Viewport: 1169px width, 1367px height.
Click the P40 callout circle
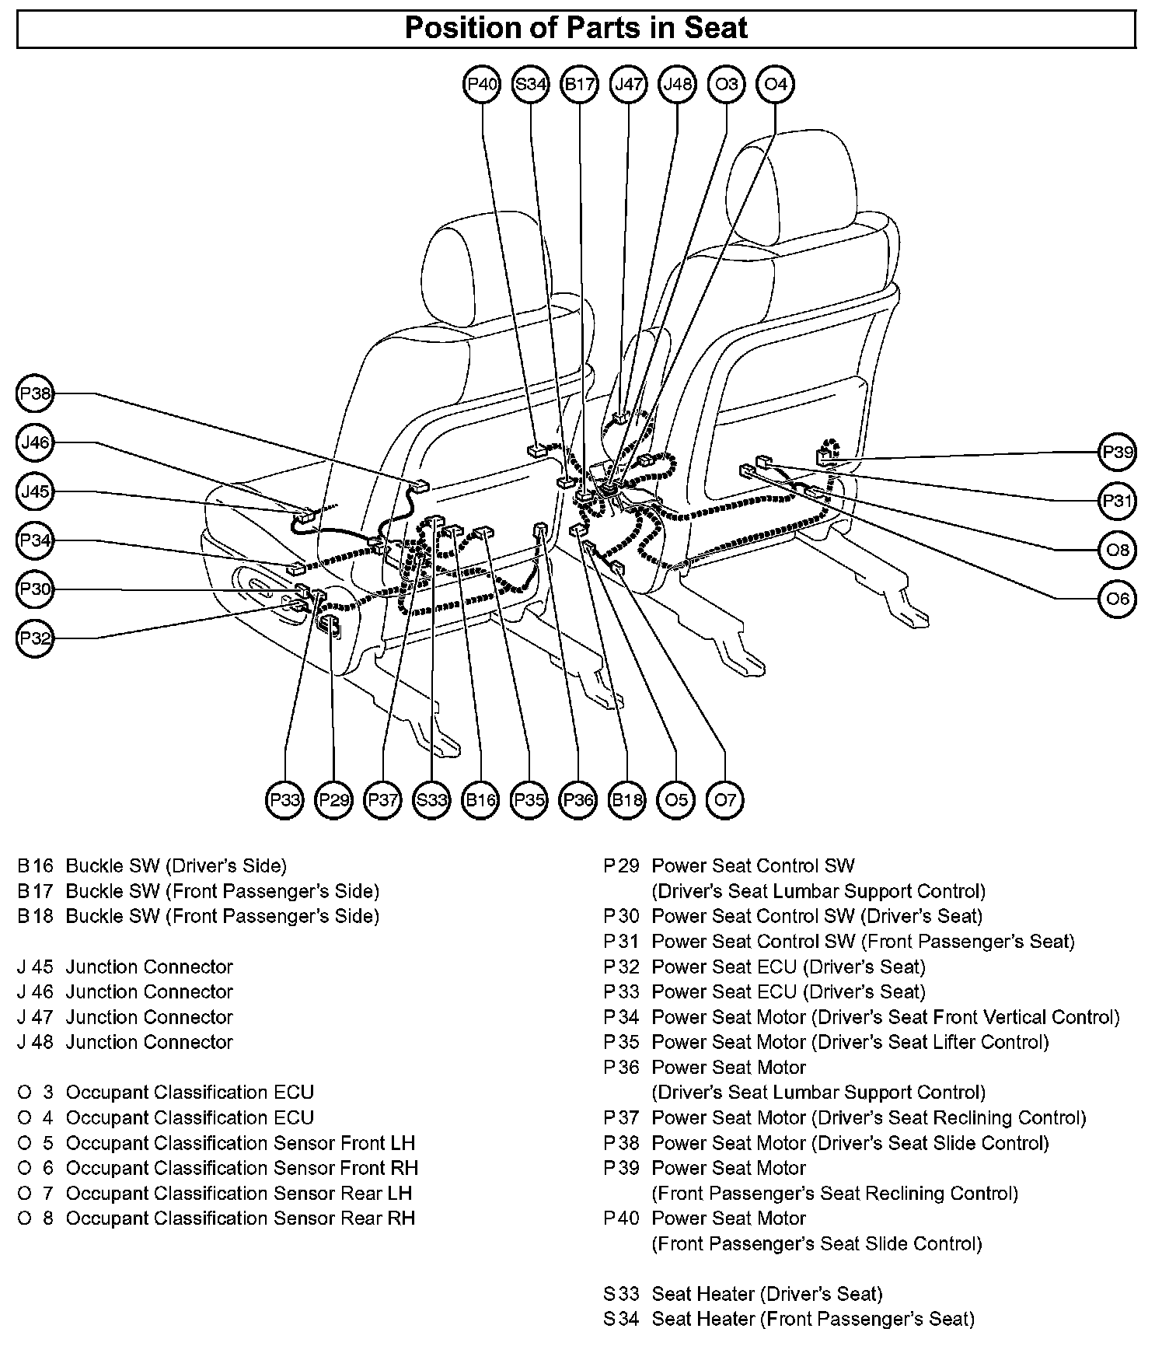pos(482,84)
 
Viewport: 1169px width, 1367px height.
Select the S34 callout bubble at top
pos(531,84)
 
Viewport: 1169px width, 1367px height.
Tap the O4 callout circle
pos(776,84)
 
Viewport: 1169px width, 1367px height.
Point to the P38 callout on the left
pos(35,394)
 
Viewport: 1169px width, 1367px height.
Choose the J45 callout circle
pos(35,492)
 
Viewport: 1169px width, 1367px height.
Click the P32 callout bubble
pos(35,639)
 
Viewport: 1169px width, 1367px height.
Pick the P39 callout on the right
pos(1118,453)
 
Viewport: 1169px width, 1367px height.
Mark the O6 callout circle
pos(1118,600)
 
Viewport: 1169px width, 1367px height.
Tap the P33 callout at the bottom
pos(284,800)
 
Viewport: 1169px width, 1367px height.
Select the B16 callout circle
pos(480,800)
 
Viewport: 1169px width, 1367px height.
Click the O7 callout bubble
pos(725,800)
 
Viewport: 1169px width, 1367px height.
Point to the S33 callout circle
pos(431,800)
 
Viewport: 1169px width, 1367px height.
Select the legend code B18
pos(35,916)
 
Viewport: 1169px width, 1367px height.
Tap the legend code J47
pos(35,1017)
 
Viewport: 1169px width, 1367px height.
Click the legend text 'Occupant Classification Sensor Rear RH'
pos(240,1218)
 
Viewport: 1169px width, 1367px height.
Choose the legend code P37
pos(621,1118)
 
